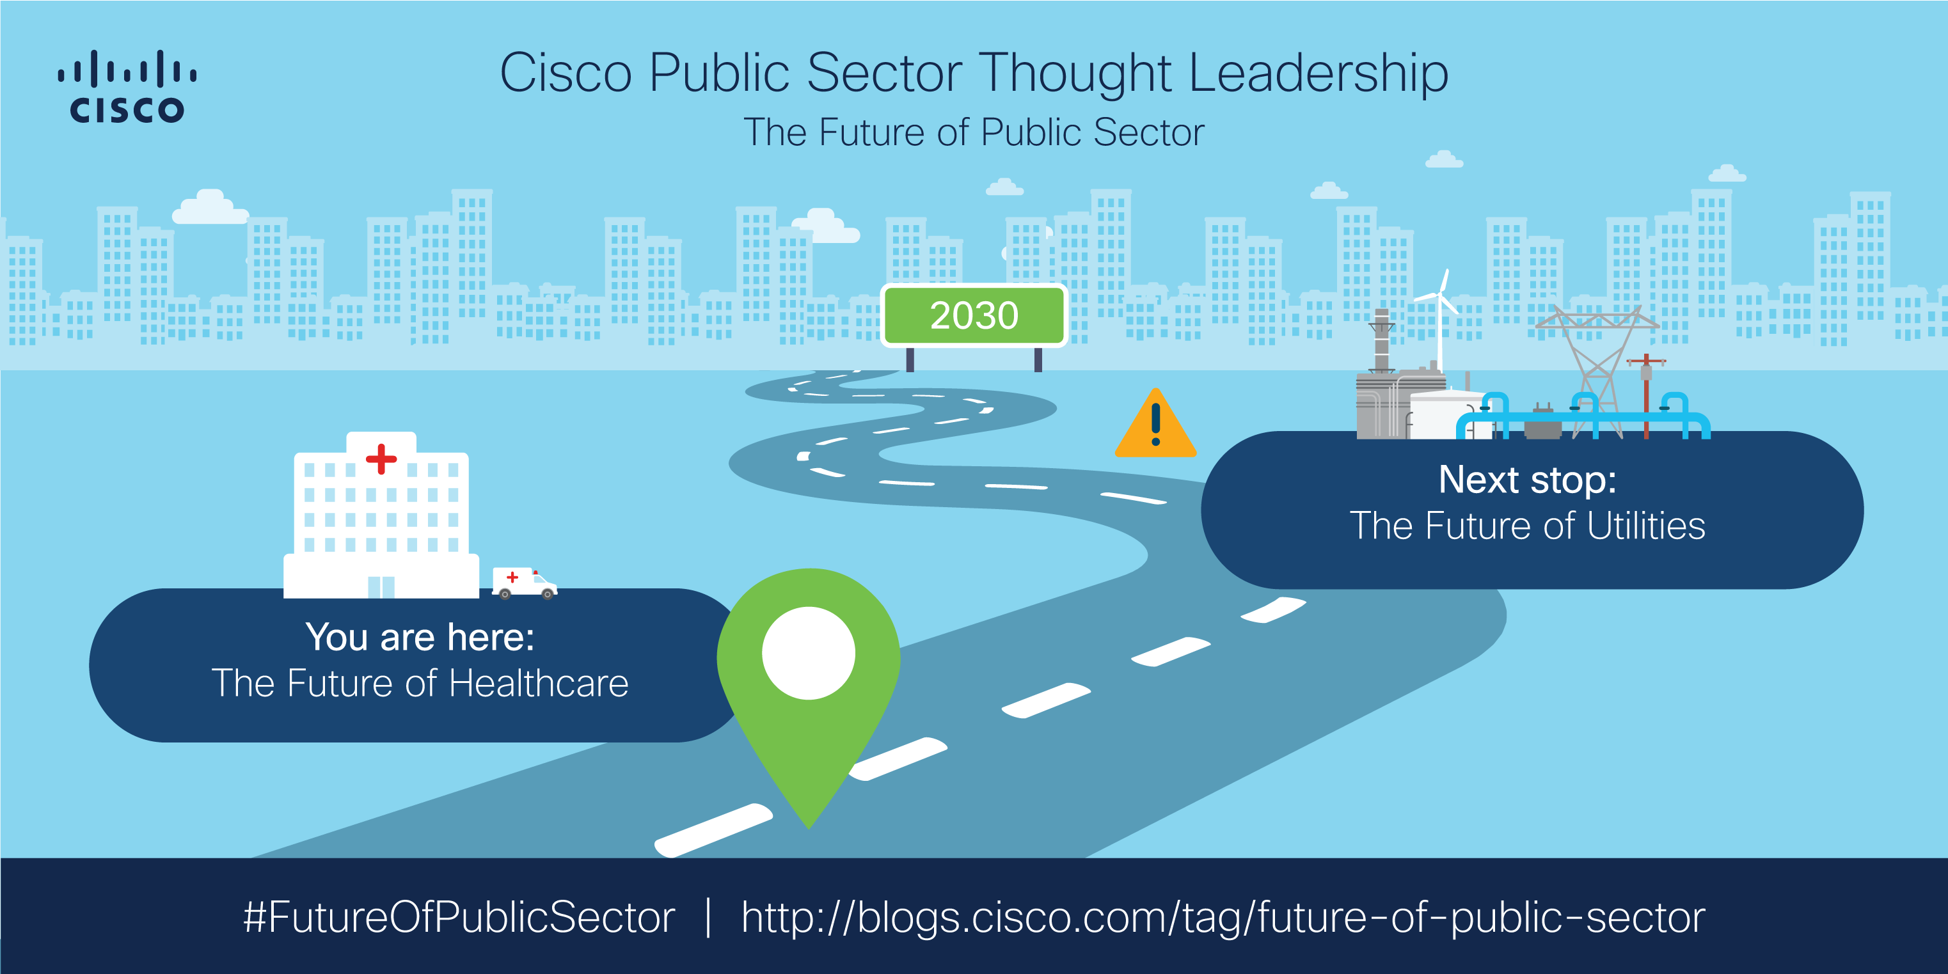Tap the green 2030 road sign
(974, 315)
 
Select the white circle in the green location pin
(809, 652)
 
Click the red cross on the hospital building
(381, 459)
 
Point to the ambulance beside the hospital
(524, 582)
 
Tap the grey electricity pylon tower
(1597, 363)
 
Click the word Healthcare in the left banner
(539, 684)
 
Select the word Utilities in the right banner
(1645, 526)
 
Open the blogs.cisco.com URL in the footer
(1222, 917)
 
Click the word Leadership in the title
(1318, 74)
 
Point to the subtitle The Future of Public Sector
(974, 132)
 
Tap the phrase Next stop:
(1527, 480)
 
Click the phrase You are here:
(420, 638)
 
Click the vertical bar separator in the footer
(708, 917)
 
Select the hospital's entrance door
(381, 587)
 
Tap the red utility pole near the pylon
(1645, 397)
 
